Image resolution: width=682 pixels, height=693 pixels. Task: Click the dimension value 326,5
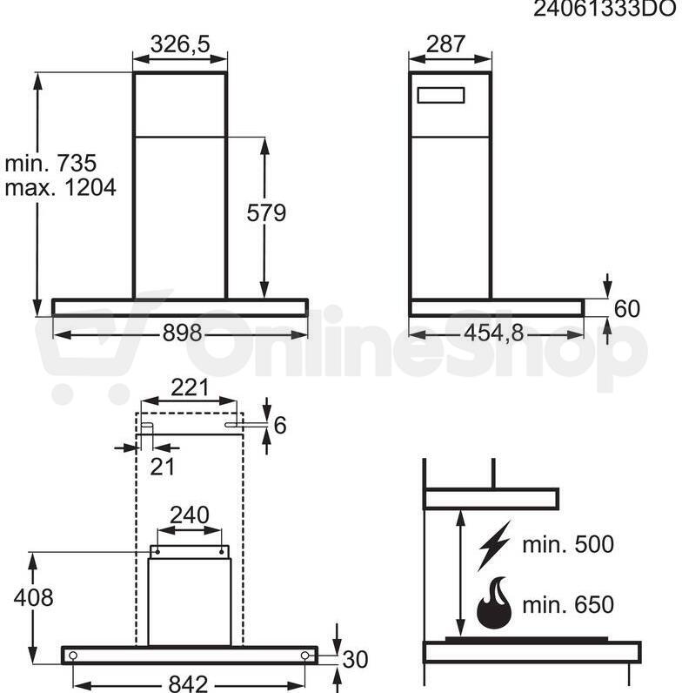pos(180,44)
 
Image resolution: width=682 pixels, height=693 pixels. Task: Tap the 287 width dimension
pos(445,44)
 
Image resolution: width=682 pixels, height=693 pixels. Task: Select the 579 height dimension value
pos(266,212)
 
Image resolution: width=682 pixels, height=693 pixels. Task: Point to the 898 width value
pos(182,333)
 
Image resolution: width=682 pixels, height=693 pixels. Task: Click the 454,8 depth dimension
pos(494,333)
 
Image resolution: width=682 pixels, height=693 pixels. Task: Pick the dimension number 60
pos(627,308)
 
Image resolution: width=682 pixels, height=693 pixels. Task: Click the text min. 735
pos(50,163)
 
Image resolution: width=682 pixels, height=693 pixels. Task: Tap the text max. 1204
pos(61,187)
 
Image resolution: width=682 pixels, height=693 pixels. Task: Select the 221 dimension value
pos(190,387)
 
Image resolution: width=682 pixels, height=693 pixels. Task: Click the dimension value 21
pos(162,467)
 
